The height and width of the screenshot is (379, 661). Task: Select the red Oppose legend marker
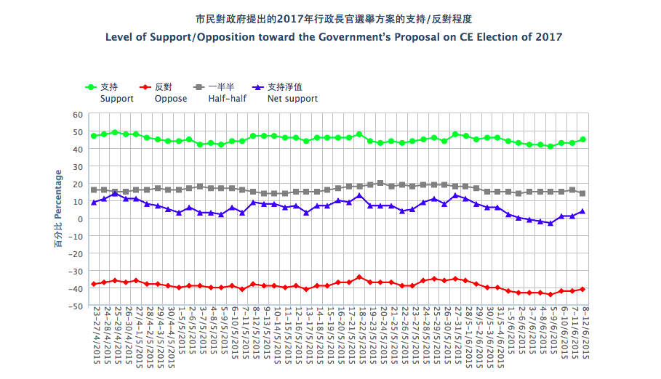(145, 86)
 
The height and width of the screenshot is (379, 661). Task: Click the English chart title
(334, 37)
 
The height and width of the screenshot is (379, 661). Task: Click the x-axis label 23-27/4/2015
(95, 341)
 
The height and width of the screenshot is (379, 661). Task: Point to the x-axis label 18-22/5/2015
(360, 341)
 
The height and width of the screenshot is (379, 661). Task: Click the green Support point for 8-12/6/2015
(582, 139)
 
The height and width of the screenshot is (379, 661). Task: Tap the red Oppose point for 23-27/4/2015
(94, 284)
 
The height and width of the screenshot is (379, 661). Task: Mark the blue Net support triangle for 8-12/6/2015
(582, 211)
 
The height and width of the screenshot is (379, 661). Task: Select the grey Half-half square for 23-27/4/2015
(94, 190)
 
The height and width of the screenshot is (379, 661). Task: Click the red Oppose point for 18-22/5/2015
(359, 277)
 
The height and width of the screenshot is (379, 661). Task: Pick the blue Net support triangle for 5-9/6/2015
(550, 223)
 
